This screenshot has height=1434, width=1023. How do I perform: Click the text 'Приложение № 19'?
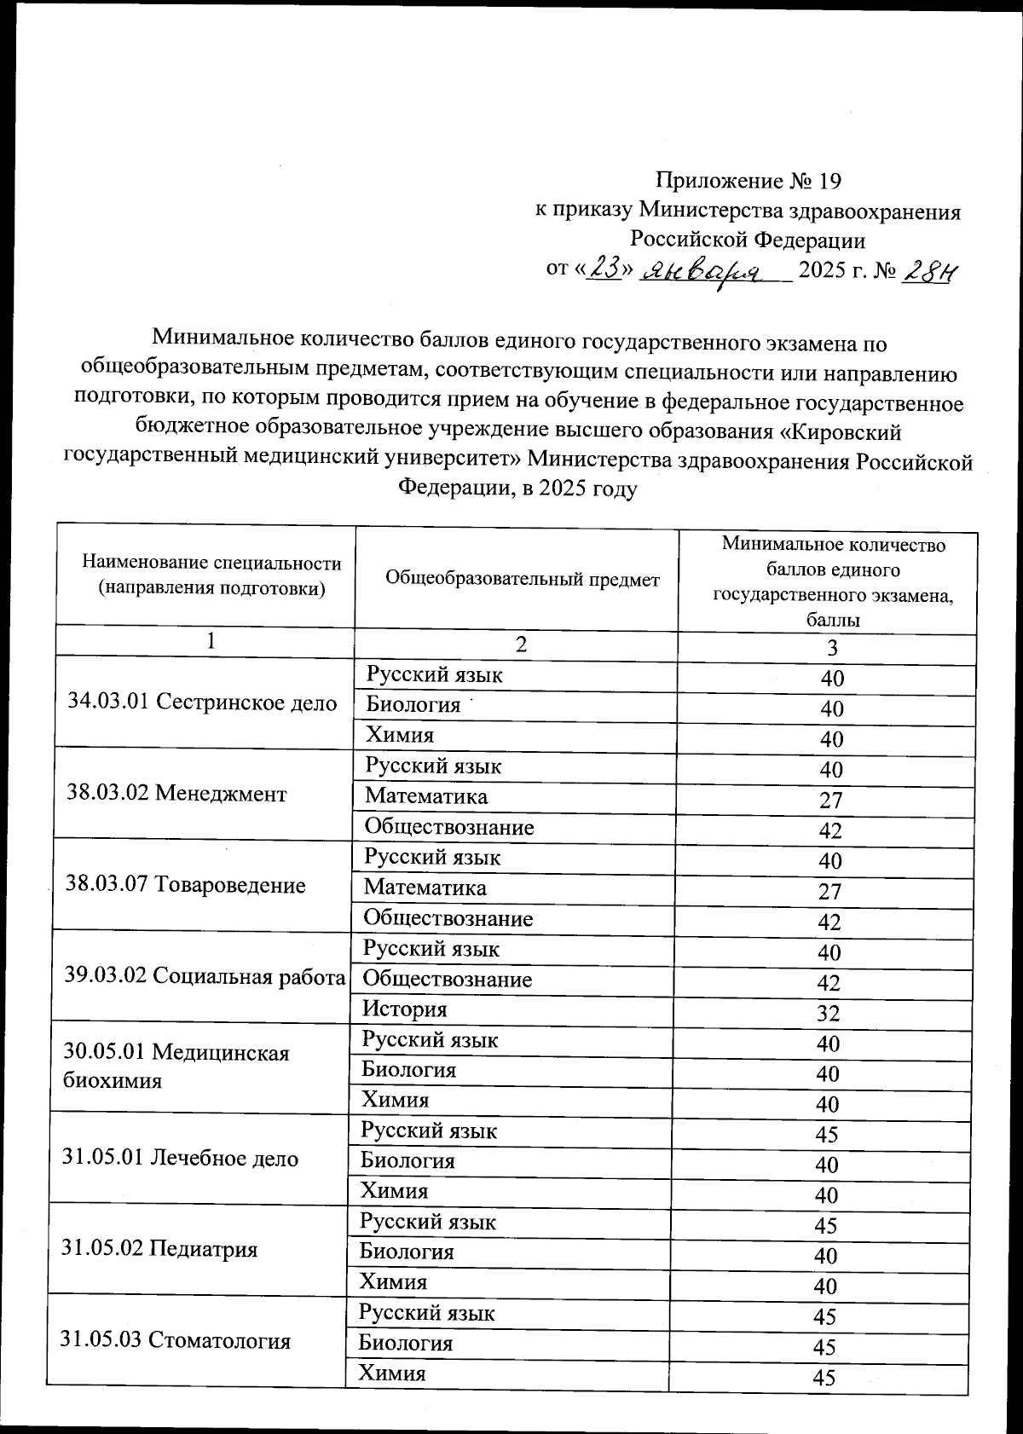[x=748, y=181]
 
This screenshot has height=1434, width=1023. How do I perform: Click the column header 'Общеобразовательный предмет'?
[x=522, y=580]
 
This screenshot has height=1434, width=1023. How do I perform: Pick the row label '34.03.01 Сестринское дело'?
[x=202, y=703]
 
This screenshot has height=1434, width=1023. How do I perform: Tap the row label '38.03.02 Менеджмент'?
[x=176, y=794]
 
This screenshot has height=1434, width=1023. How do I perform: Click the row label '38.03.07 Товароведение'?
[x=185, y=885]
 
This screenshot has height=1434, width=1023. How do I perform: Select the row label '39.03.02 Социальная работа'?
[x=204, y=976]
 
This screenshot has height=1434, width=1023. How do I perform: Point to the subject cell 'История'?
[x=404, y=1009]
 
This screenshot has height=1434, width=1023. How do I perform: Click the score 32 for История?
[x=828, y=1013]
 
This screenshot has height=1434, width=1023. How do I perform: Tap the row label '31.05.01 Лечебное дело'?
[x=180, y=1159]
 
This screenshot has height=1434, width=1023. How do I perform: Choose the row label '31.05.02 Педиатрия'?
[x=159, y=1250]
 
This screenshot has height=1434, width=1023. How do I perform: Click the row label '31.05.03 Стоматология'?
[x=175, y=1340]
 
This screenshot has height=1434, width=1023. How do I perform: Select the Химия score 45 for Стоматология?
[x=824, y=1378]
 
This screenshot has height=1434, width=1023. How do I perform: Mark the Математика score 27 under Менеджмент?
[x=830, y=800]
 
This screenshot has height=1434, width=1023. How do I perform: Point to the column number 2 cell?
[x=521, y=644]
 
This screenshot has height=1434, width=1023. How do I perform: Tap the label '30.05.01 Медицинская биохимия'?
[x=176, y=1067]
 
